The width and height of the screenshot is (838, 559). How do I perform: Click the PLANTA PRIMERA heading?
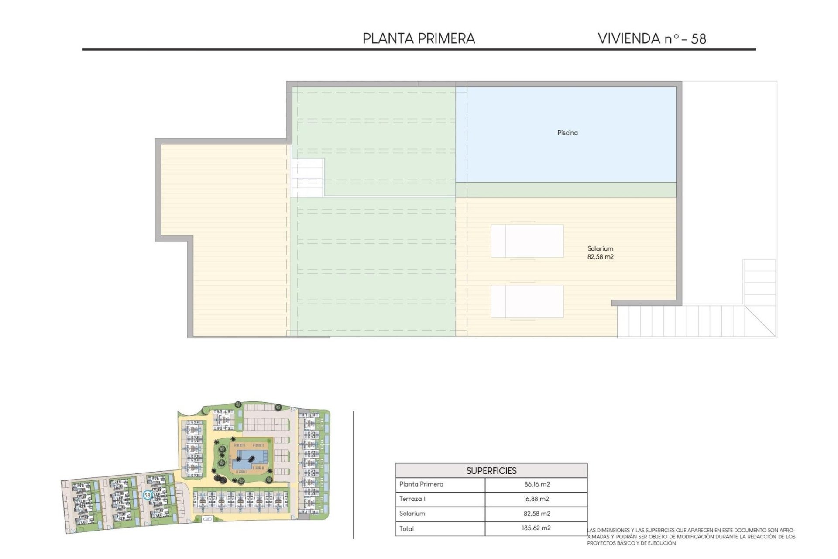[x=419, y=38]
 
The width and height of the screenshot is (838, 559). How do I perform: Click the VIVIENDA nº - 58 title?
[x=652, y=38]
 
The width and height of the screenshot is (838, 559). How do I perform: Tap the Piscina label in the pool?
[x=567, y=132]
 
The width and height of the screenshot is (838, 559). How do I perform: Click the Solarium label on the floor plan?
[x=600, y=248]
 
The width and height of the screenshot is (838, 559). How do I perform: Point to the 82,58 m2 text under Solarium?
[x=600, y=257]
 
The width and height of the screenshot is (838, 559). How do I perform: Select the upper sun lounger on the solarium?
[x=527, y=241]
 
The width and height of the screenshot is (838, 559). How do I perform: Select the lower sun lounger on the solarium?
[x=527, y=301]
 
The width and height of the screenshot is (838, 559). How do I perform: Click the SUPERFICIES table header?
[x=491, y=471]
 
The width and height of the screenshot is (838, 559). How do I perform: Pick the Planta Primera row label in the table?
[x=421, y=484]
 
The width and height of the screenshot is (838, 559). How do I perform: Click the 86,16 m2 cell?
[x=537, y=484]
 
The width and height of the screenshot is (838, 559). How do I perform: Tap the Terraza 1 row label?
[x=412, y=499]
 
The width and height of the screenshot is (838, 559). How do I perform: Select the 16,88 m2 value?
[x=536, y=499]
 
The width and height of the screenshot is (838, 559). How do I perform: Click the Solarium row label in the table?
[x=412, y=514]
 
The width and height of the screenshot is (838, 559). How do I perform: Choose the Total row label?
[x=406, y=528]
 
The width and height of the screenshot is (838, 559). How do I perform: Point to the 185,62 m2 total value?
[x=536, y=528]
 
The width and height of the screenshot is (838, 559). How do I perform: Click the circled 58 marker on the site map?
[x=148, y=495]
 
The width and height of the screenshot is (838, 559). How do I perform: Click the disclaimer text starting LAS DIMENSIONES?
[x=690, y=537]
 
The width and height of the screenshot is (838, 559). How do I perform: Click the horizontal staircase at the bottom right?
[x=681, y=321]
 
